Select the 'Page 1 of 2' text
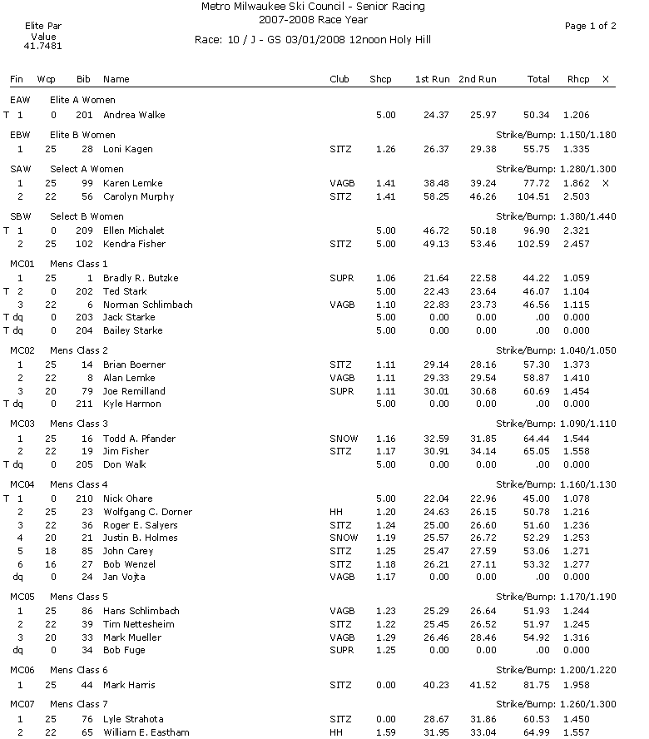coord(590,27)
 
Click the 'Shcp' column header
coord(380,79)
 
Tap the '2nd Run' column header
coord(478,79)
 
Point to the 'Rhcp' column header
coord(577,79)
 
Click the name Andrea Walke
coord(134,115)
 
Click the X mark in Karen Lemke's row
coord(605,183)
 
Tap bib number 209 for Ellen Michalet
coord(83,231)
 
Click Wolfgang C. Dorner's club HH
coord(335,512)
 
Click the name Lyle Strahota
coord(133,719)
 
